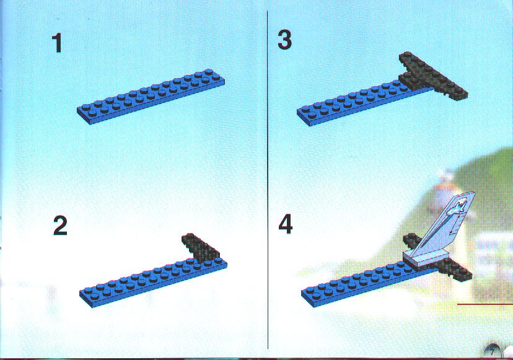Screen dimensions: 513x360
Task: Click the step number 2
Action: click(x=60, y=226)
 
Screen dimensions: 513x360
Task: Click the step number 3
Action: click(x=284, y=40)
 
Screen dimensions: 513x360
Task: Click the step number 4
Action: click(x=285, y=225)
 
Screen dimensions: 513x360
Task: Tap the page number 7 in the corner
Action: click(x=492, y=353)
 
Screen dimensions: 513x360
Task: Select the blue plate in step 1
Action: click(x=151, y=97)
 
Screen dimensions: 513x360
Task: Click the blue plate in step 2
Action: click(x=153, y=283)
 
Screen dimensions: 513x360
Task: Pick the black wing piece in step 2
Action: click(x=201, y=247)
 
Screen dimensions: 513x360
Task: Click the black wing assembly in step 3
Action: click(x=432, y=76)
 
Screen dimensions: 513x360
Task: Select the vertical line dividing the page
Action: click(x=268, y=180)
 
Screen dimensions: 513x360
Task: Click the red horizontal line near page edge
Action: click(x=485, y=304)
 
